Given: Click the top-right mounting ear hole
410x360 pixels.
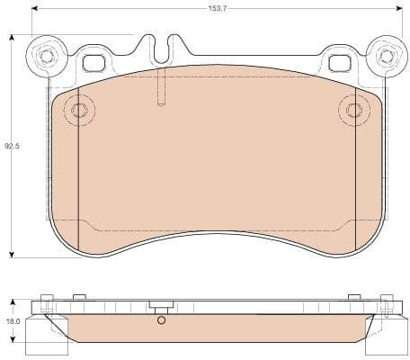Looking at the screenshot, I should (387, 55).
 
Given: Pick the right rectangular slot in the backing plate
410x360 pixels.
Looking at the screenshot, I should (340, 63).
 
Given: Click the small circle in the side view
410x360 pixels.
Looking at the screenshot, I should (160, 320).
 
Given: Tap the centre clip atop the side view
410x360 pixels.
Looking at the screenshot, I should (160, 308).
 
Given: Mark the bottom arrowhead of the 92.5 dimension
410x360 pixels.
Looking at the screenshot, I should (12, 255).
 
